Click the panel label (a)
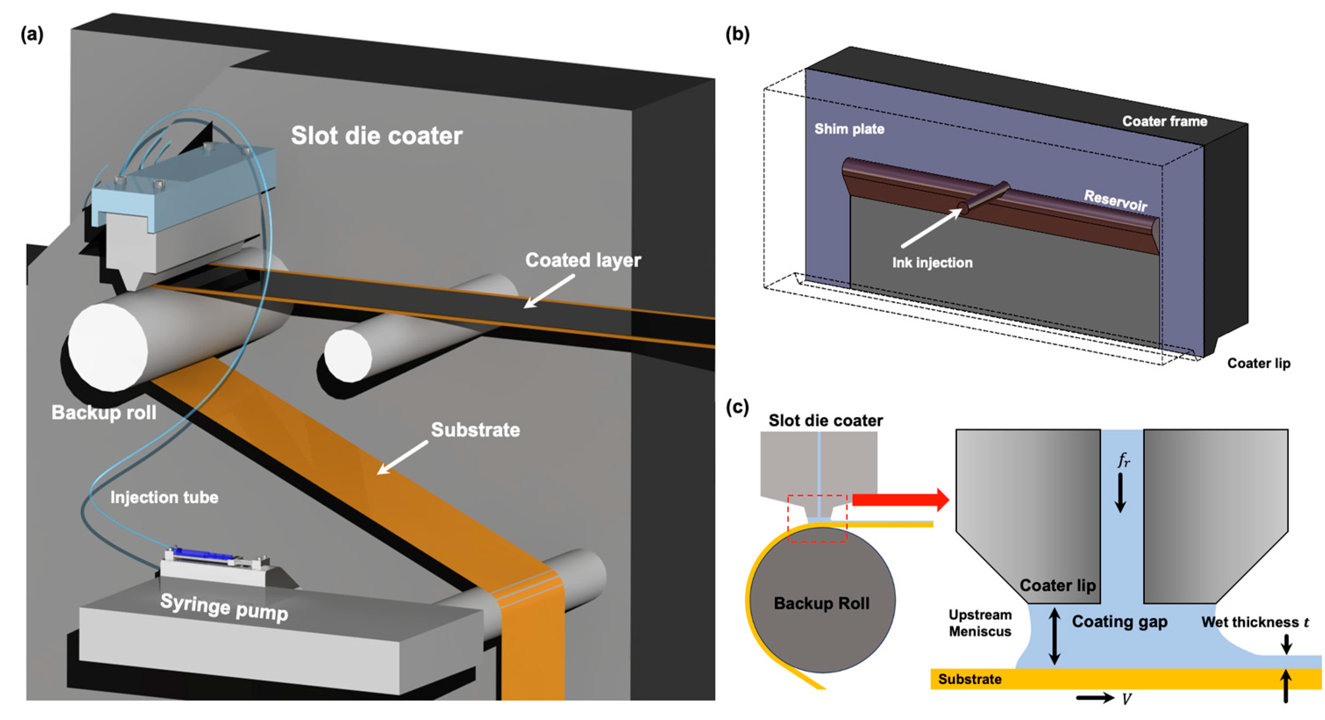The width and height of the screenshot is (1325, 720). [x=32, y=35]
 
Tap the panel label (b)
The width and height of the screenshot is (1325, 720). [x=737, y=35]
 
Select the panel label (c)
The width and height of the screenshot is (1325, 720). [x=737, y=407]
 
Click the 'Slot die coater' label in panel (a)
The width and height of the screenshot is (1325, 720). [x=377, y=136]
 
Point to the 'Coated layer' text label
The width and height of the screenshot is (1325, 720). [x=583, y=261]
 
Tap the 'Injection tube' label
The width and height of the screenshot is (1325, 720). [x=164, y=497]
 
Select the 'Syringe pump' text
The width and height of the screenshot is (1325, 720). [x=224, y=607]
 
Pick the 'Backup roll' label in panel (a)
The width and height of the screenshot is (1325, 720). [x=104, y=412]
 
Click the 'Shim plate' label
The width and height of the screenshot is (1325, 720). [x=849, y=129]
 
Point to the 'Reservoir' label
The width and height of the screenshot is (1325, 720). [x=1115, y=201]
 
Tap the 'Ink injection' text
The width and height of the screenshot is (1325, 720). [x=932, y=262]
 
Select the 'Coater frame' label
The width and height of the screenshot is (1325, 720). [x=1165, y=122]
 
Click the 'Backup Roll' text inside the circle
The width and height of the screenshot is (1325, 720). [x=821, y=603]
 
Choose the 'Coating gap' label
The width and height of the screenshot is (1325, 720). [x=1119, y=622]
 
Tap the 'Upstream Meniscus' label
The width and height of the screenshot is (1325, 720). [x=980, y=623]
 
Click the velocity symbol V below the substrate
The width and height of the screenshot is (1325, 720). [x=1126, y=699]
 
